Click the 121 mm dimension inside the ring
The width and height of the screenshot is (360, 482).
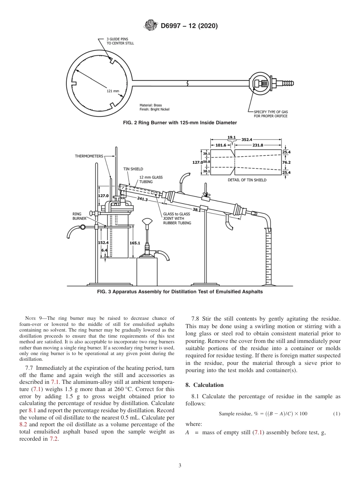coord(113,91)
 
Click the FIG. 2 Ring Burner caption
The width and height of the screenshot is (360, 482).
coord(180,122)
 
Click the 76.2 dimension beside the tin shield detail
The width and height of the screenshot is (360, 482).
coord(286,162)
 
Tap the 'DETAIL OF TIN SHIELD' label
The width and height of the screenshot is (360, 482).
coord(247,180)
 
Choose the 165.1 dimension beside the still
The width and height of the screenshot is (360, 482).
coord(135,243)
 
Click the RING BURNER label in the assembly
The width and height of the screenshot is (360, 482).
coord(79,216)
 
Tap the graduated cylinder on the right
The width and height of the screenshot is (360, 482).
coord(268,258)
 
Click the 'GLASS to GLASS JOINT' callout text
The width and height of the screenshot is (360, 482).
coord(177,219)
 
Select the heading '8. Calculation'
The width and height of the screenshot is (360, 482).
coord(204,385)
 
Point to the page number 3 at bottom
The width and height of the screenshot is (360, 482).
coord(180,465)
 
